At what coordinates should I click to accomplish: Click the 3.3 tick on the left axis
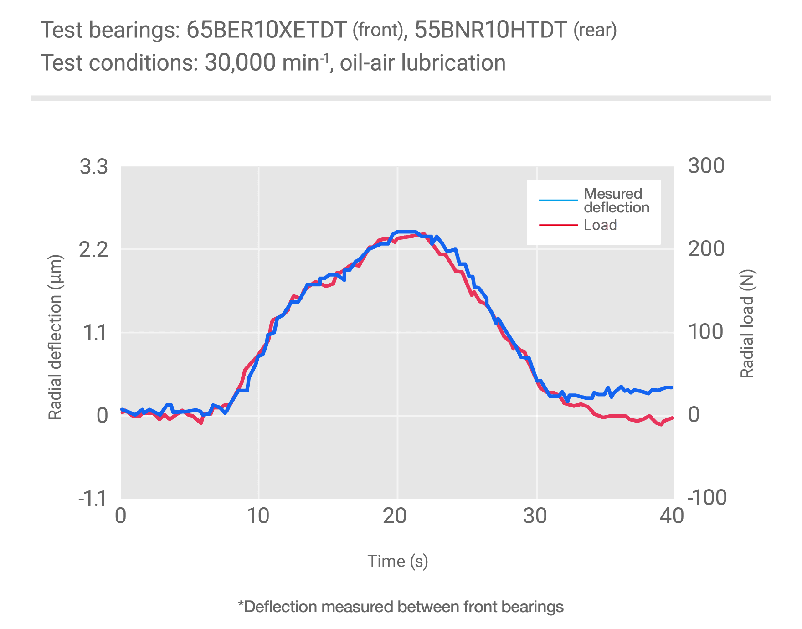click(94, 167)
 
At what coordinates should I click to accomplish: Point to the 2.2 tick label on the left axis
click(94, 250)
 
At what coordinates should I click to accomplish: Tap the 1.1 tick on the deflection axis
click(96, 333)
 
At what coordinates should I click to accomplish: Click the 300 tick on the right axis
click(706, 166)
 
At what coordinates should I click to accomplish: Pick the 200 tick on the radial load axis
click(706, 249)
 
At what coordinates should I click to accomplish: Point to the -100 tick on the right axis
click(707, 498)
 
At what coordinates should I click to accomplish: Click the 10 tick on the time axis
click(258, 516)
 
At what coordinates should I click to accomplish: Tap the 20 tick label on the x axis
click(395, 516)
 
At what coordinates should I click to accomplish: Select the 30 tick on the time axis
click(535, 516)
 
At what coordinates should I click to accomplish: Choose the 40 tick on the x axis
click(672, 516)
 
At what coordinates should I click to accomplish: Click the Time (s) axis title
click(398, 561)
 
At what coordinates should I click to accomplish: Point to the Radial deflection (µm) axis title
click(55, 337)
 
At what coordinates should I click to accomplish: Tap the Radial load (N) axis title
click(747, 324)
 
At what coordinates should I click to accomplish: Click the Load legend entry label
click(600, 225)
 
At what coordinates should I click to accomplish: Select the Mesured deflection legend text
click(616, 201)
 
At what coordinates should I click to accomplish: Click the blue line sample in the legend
click(558, 200)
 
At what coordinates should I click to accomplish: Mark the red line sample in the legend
click(558, 225)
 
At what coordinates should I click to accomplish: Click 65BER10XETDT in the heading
click(267, 31)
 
